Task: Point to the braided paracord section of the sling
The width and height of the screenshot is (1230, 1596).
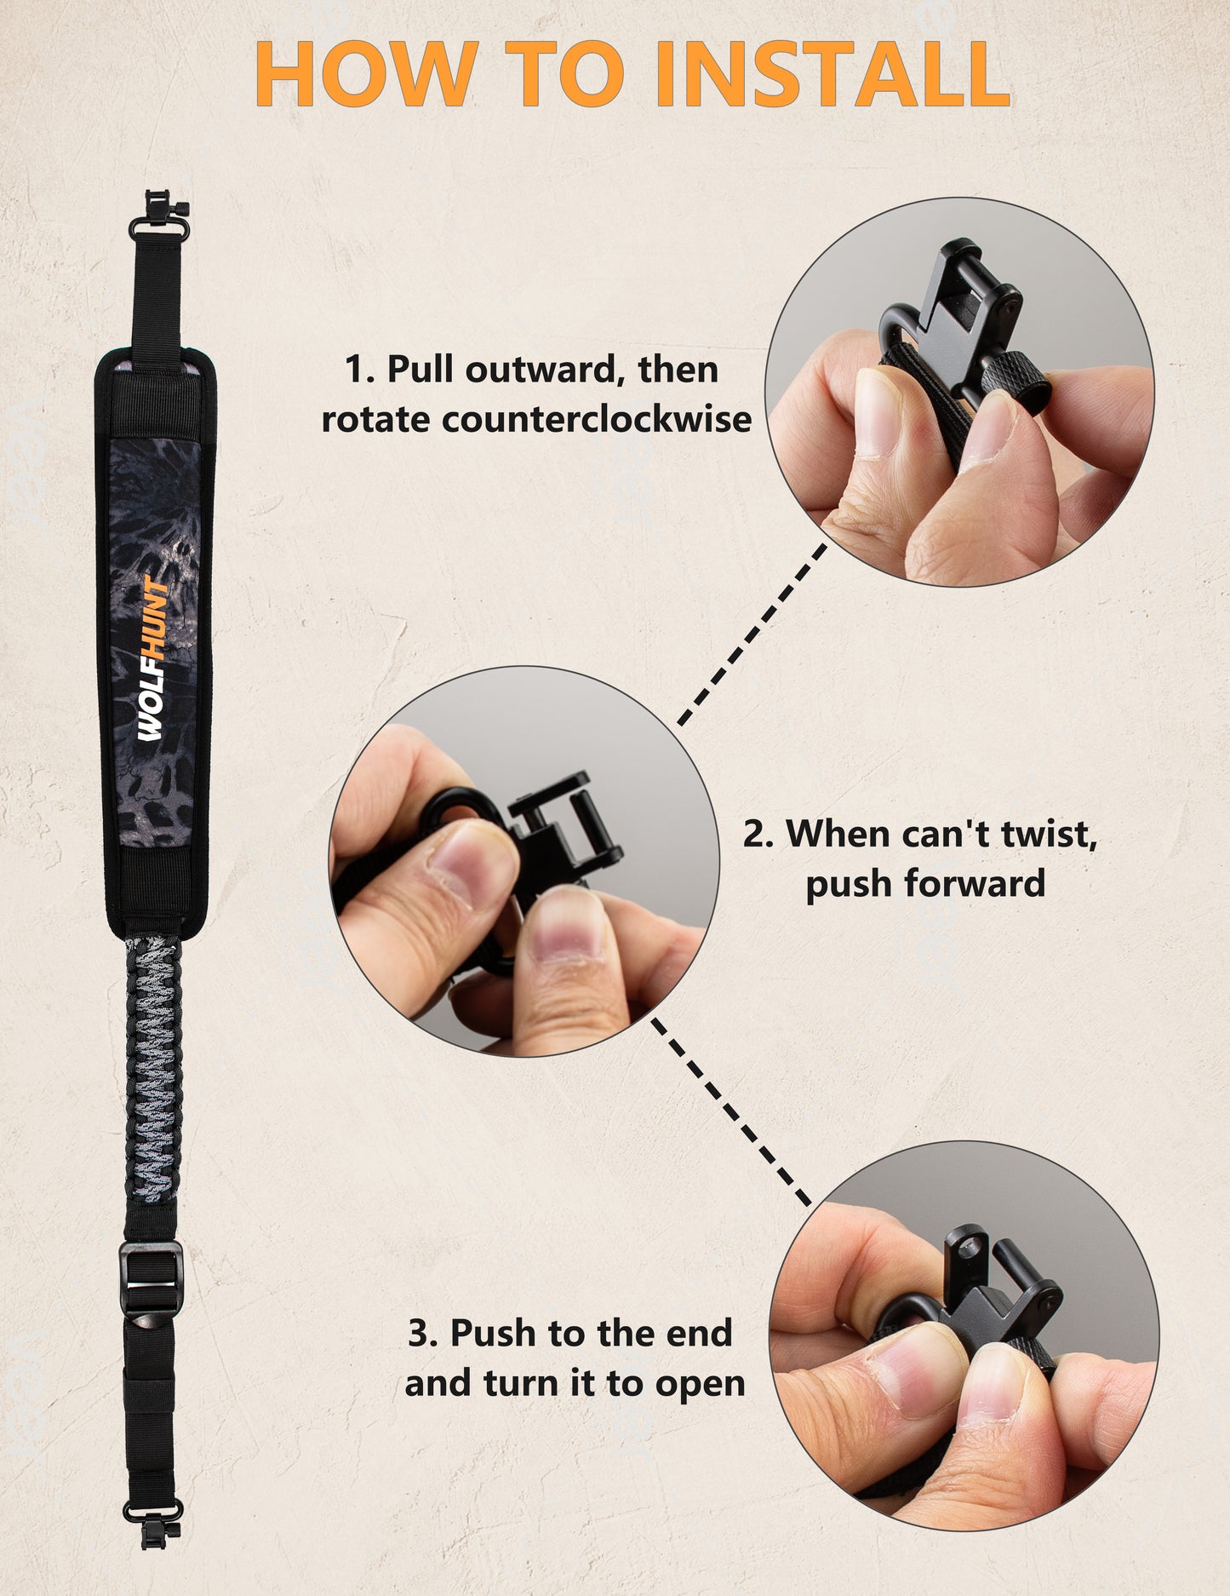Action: (154, 1069)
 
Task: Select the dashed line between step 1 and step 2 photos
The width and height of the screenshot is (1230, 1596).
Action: (752, 634)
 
